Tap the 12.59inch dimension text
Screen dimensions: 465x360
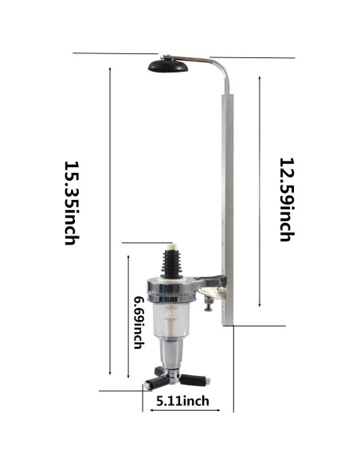(286, 198)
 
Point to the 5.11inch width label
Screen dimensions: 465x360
(182, 401)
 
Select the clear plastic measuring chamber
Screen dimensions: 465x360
(170, 318)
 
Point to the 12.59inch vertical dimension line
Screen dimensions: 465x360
(260, 191)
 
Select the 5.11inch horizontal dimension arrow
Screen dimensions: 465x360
(188, 410)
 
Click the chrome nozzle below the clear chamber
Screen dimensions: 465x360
(171, 354)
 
